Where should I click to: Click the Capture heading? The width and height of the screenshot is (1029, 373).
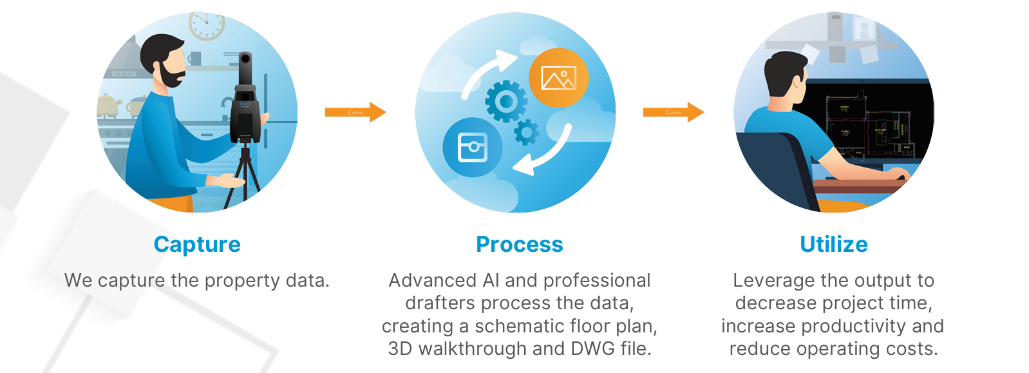197,245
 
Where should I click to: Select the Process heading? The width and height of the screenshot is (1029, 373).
519,245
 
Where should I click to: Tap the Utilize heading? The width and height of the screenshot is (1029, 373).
833,245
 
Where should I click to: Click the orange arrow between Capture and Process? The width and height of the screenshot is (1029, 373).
355,112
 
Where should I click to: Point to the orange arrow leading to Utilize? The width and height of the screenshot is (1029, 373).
673,112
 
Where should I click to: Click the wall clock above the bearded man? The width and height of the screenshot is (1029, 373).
206,24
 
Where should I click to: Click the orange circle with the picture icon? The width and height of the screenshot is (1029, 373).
558,78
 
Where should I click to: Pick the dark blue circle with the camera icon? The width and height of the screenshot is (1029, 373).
473,147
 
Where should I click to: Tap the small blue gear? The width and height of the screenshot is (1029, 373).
526,133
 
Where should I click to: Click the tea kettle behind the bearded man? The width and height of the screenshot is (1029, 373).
109,104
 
